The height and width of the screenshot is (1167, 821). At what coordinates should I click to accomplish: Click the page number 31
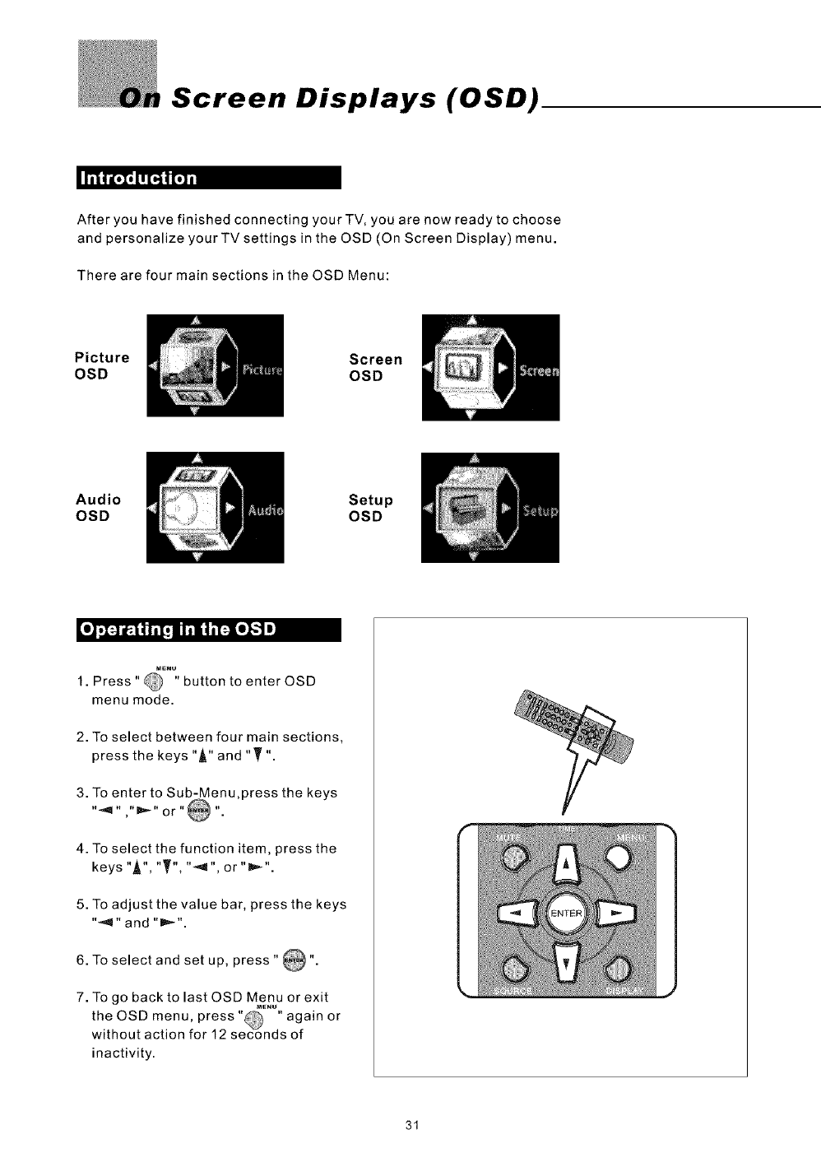(413, 1125)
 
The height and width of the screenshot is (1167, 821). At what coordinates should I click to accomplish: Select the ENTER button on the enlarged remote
(566, 914)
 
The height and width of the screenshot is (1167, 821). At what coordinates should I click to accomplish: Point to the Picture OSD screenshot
(215, 365)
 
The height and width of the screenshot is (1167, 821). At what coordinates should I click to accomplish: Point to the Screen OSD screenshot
(490, 367)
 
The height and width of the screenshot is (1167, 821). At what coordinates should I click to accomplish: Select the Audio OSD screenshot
(215, 507)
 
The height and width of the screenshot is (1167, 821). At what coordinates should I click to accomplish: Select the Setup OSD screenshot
(489, 508)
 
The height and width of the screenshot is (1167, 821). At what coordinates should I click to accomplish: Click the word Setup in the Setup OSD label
(371, 500)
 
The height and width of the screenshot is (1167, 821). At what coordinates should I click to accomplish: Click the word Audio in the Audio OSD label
(98, 500)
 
